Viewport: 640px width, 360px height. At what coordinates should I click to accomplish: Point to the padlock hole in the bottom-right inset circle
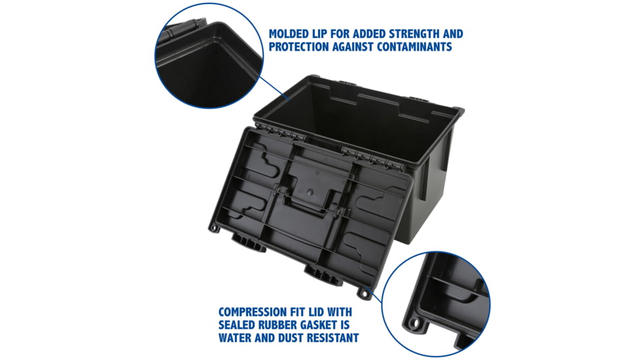coord(414,323)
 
